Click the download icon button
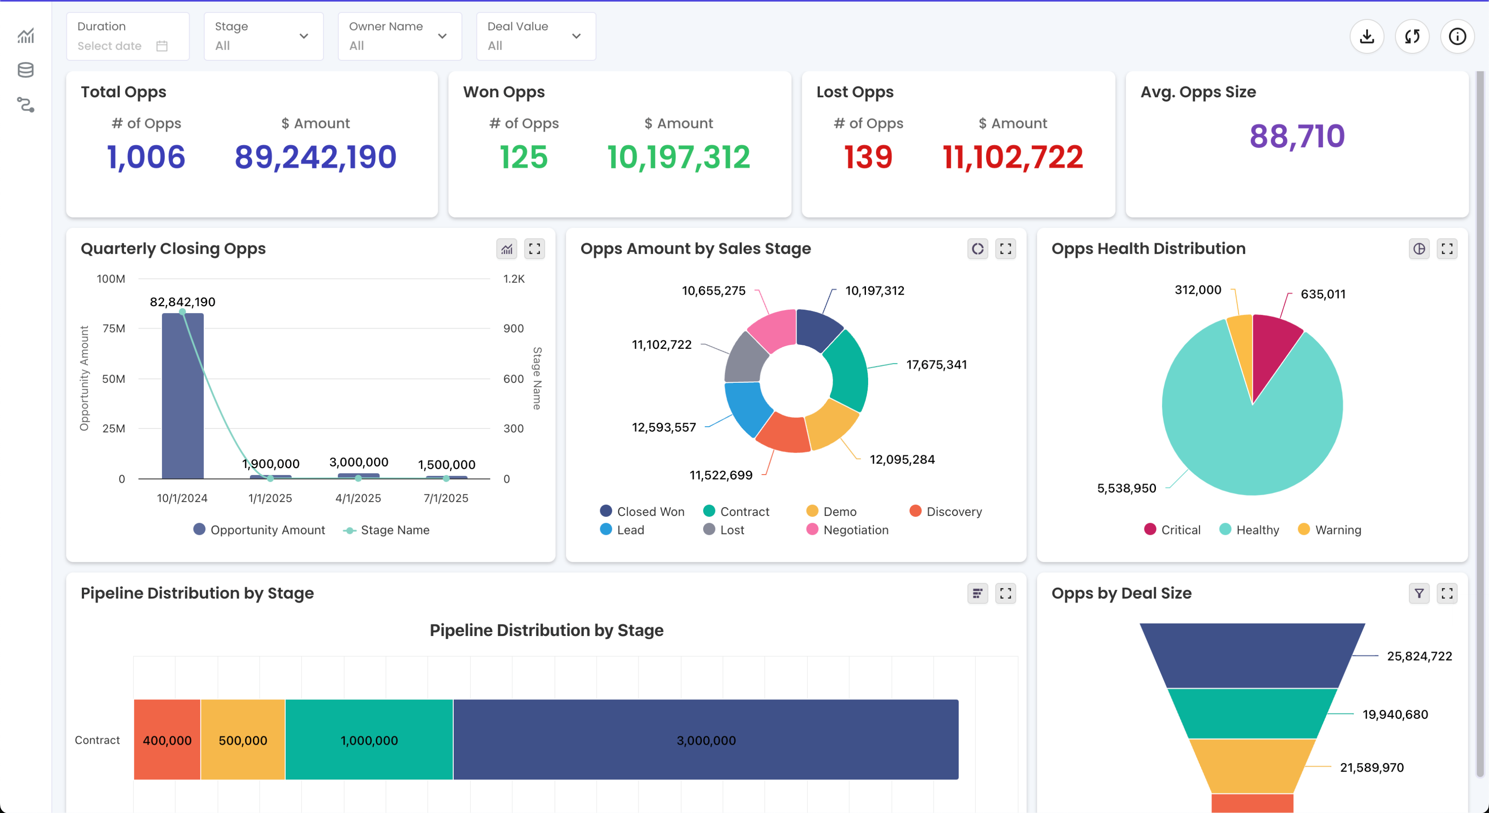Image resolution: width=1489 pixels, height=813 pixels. point(1367,37)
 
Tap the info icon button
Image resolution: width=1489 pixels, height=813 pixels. point(1457,37)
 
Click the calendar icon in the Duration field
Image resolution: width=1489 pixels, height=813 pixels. point(162,46)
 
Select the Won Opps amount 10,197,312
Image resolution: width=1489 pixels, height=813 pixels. point(679,157)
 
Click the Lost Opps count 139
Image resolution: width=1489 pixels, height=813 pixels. point(868,157)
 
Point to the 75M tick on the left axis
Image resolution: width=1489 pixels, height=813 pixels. point(113,328)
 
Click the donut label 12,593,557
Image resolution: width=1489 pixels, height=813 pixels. point(664,427)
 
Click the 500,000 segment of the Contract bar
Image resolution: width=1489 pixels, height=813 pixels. point(243,740)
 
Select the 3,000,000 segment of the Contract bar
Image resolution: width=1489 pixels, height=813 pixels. point(706,740)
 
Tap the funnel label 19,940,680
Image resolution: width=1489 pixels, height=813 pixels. point(1395,714)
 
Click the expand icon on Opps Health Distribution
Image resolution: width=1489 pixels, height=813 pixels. point(1447,248)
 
